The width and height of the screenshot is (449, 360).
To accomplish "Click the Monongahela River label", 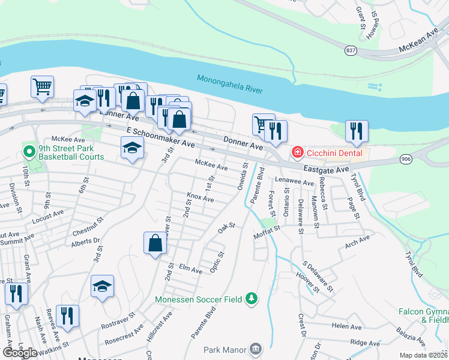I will click(x=230, y=84).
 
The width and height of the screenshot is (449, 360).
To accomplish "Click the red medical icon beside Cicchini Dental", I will click(x=297, y=154).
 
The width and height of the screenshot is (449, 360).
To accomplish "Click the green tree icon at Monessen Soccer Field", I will click(x=253, y=298).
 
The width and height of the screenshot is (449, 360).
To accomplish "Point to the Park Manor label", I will click(x=225, y=349).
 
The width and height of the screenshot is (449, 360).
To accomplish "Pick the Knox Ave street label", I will click(x=200, y=198).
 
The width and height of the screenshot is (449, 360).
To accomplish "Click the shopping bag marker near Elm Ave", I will click(x=155, y=243).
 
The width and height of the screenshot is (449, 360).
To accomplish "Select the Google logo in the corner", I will click(x=19, y=353).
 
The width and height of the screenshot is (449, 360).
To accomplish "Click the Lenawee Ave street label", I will click(x=295, y=181).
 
